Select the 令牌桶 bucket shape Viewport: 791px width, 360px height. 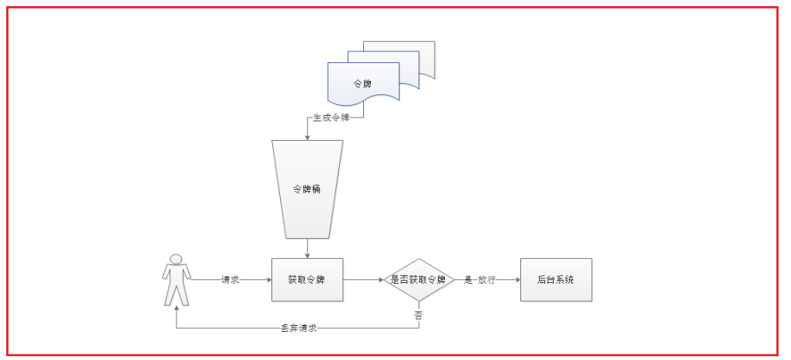307,189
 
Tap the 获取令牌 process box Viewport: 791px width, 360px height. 306,279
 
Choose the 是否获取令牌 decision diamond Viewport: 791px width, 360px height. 418,279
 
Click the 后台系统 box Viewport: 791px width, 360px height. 555,279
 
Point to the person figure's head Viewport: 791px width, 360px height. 177,260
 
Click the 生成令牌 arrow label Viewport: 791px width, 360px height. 331,119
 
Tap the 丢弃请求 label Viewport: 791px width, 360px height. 299,328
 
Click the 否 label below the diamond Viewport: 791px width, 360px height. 418,315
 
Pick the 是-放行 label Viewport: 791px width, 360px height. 482,279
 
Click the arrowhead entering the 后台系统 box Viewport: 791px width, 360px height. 516,279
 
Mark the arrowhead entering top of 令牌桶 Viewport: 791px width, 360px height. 307,137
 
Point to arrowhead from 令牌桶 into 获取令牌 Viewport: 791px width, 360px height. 307,254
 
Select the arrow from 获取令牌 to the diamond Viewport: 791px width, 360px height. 362,279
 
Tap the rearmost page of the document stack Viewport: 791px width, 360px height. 426,51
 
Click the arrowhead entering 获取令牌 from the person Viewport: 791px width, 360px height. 268,279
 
